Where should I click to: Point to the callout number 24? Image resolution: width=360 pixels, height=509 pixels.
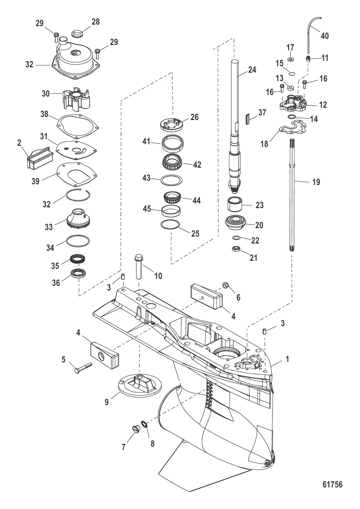coord(252,70)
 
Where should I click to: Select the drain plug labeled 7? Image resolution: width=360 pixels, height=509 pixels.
coord(136,430)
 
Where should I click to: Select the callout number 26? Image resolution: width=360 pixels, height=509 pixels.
coord(194,117)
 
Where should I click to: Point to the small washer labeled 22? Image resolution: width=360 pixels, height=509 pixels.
coord(236,238)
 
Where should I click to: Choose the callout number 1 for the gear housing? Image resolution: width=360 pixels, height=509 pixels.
coord(287,359)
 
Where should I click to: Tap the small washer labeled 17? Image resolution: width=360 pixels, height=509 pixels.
coord(290,60)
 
